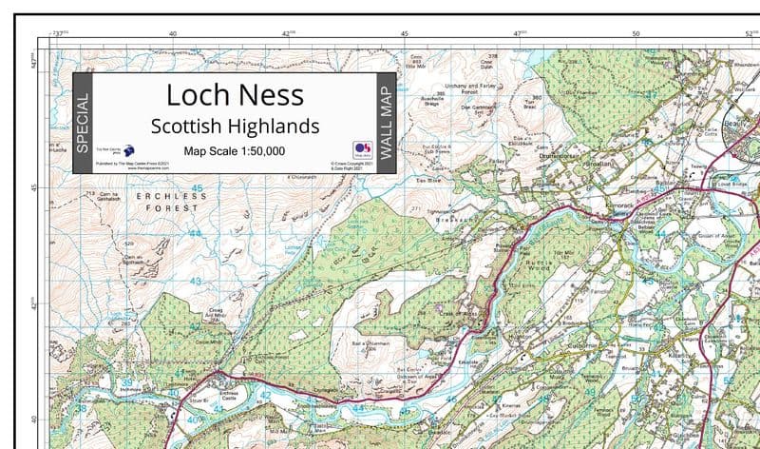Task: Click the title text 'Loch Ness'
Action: [x=235, y=95]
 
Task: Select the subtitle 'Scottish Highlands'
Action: [x=235, y=126]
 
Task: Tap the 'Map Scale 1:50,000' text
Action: [x=235, y=151]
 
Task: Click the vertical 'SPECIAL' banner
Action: [x=83, y=124]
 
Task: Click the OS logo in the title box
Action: [x=361, y=148]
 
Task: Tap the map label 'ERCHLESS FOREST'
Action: [x=168, y=201]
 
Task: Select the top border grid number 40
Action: [x=172, y=33]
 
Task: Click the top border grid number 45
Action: [x=404, y=33]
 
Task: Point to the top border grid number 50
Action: [x=636, y=33]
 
